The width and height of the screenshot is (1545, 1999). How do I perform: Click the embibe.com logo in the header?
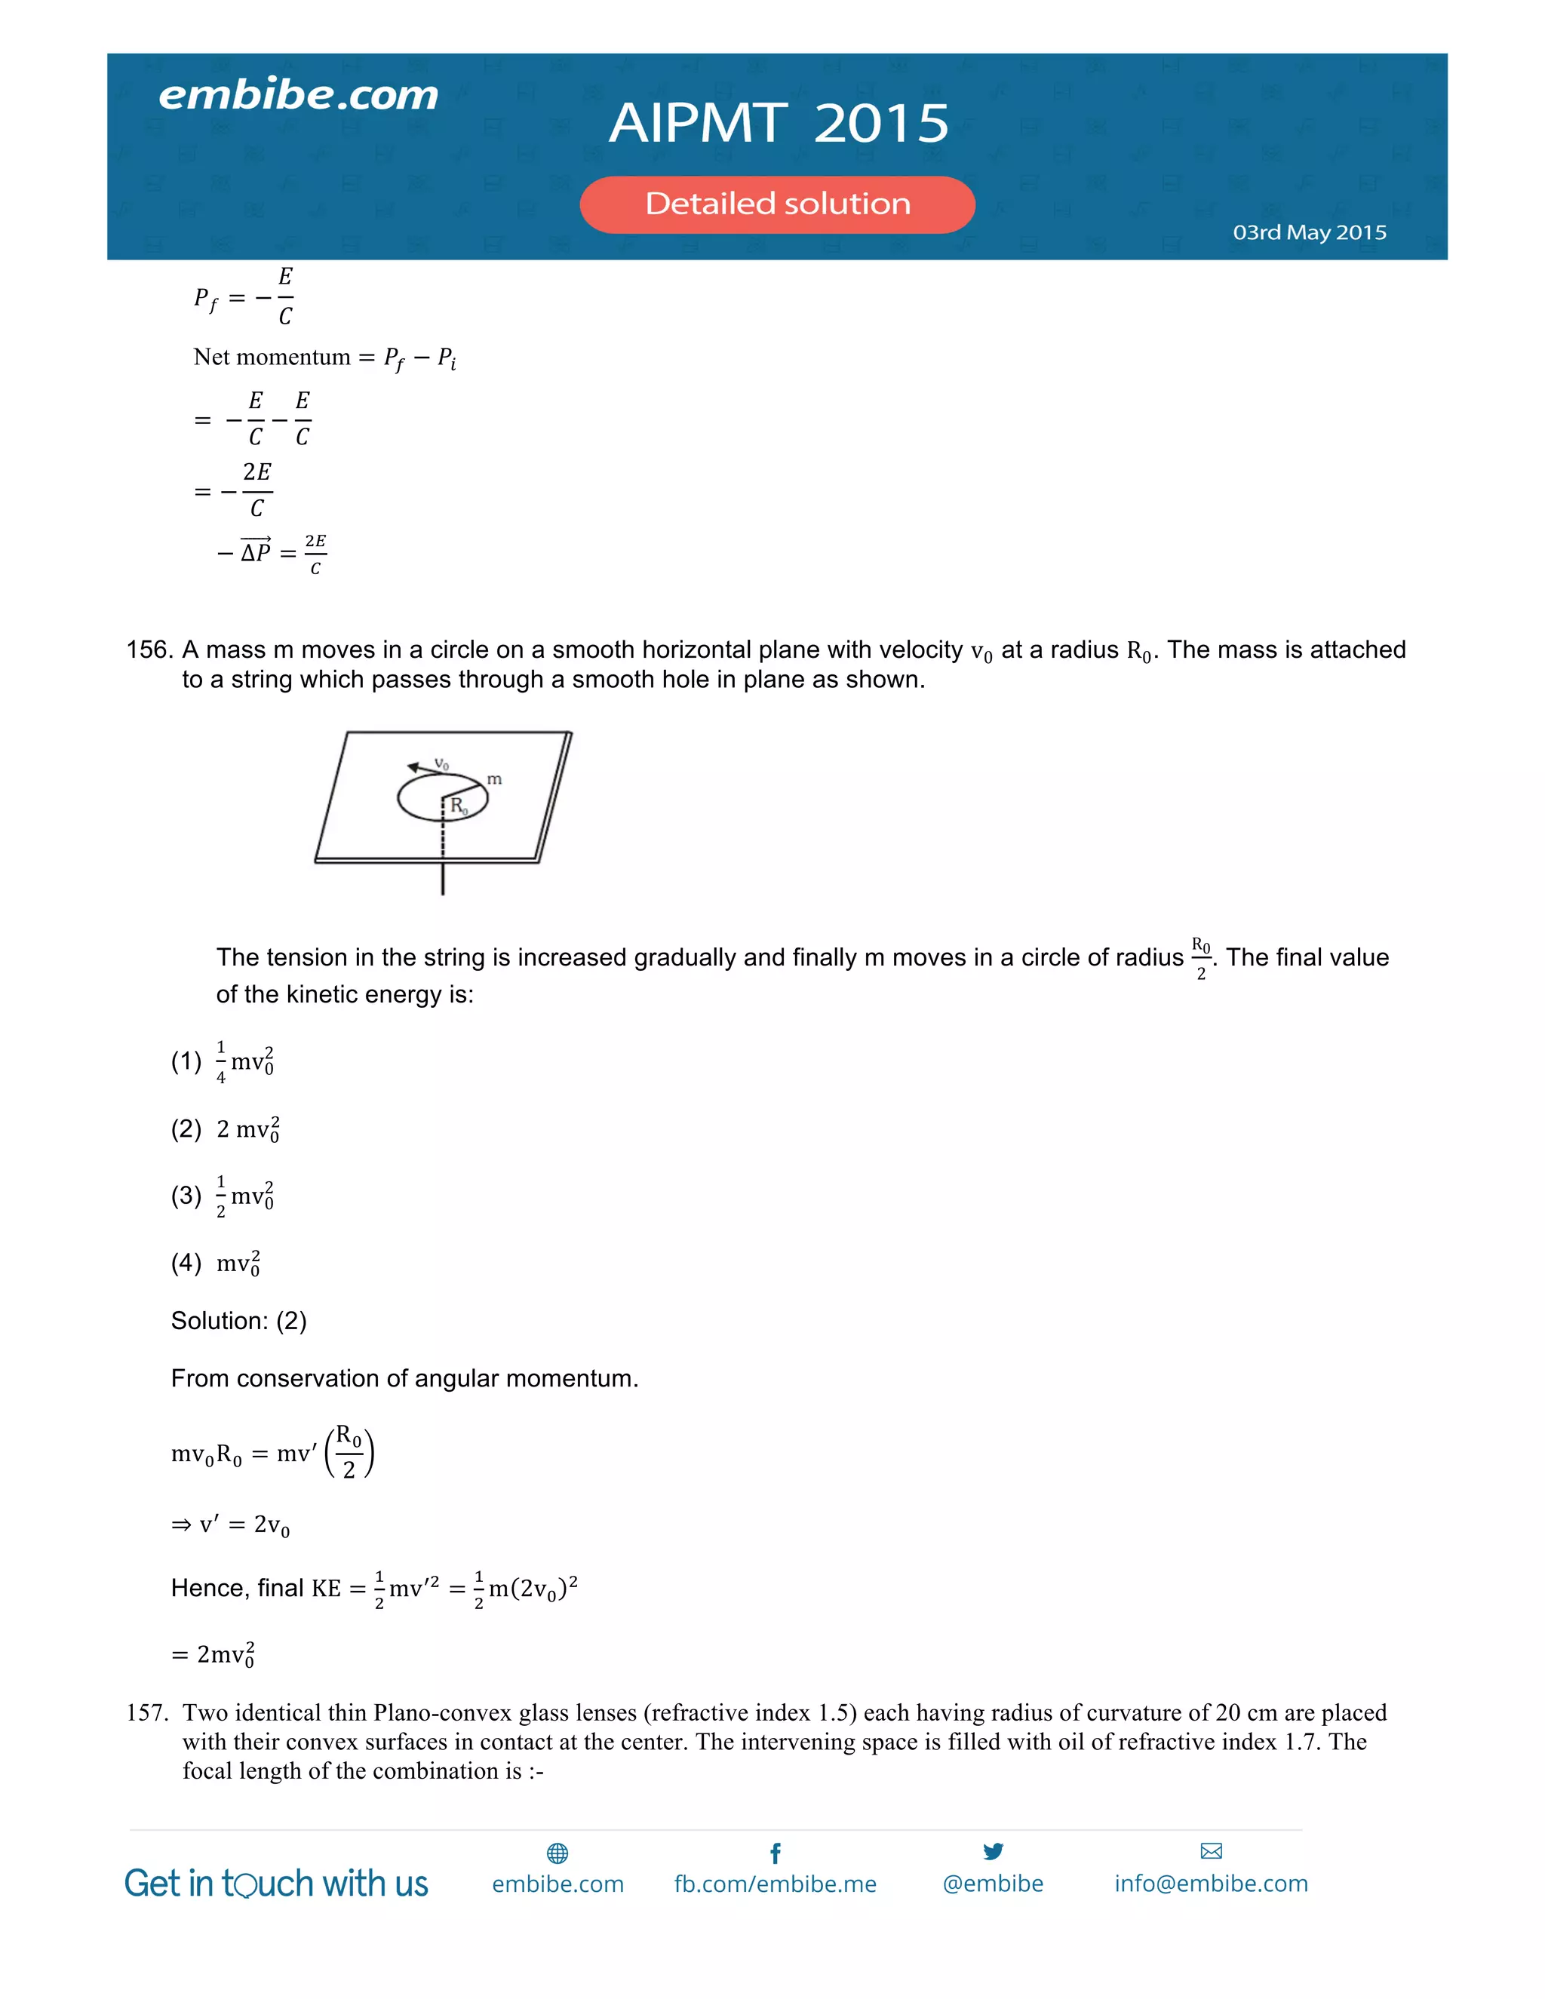point(299,95)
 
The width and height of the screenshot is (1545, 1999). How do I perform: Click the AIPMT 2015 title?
point(779,123)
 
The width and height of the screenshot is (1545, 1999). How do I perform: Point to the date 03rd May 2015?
point(1309,232)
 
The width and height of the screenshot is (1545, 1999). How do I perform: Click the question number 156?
point(149,649)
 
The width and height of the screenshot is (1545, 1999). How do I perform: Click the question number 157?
point(146,1712)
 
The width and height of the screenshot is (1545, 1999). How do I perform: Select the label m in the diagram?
point(494,779)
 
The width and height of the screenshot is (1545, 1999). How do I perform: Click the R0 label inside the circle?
point(458,806)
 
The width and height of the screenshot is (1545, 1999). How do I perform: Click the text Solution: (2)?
point(239,1321)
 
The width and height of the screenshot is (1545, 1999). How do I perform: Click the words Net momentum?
point(272,357)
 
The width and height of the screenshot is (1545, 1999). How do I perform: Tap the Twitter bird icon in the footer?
point(993,1852)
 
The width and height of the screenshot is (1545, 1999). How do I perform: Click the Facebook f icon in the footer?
point(776,1853)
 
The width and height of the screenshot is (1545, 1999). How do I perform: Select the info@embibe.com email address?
point(1211,1884)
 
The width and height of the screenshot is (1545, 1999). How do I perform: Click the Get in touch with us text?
point(276,1884)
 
